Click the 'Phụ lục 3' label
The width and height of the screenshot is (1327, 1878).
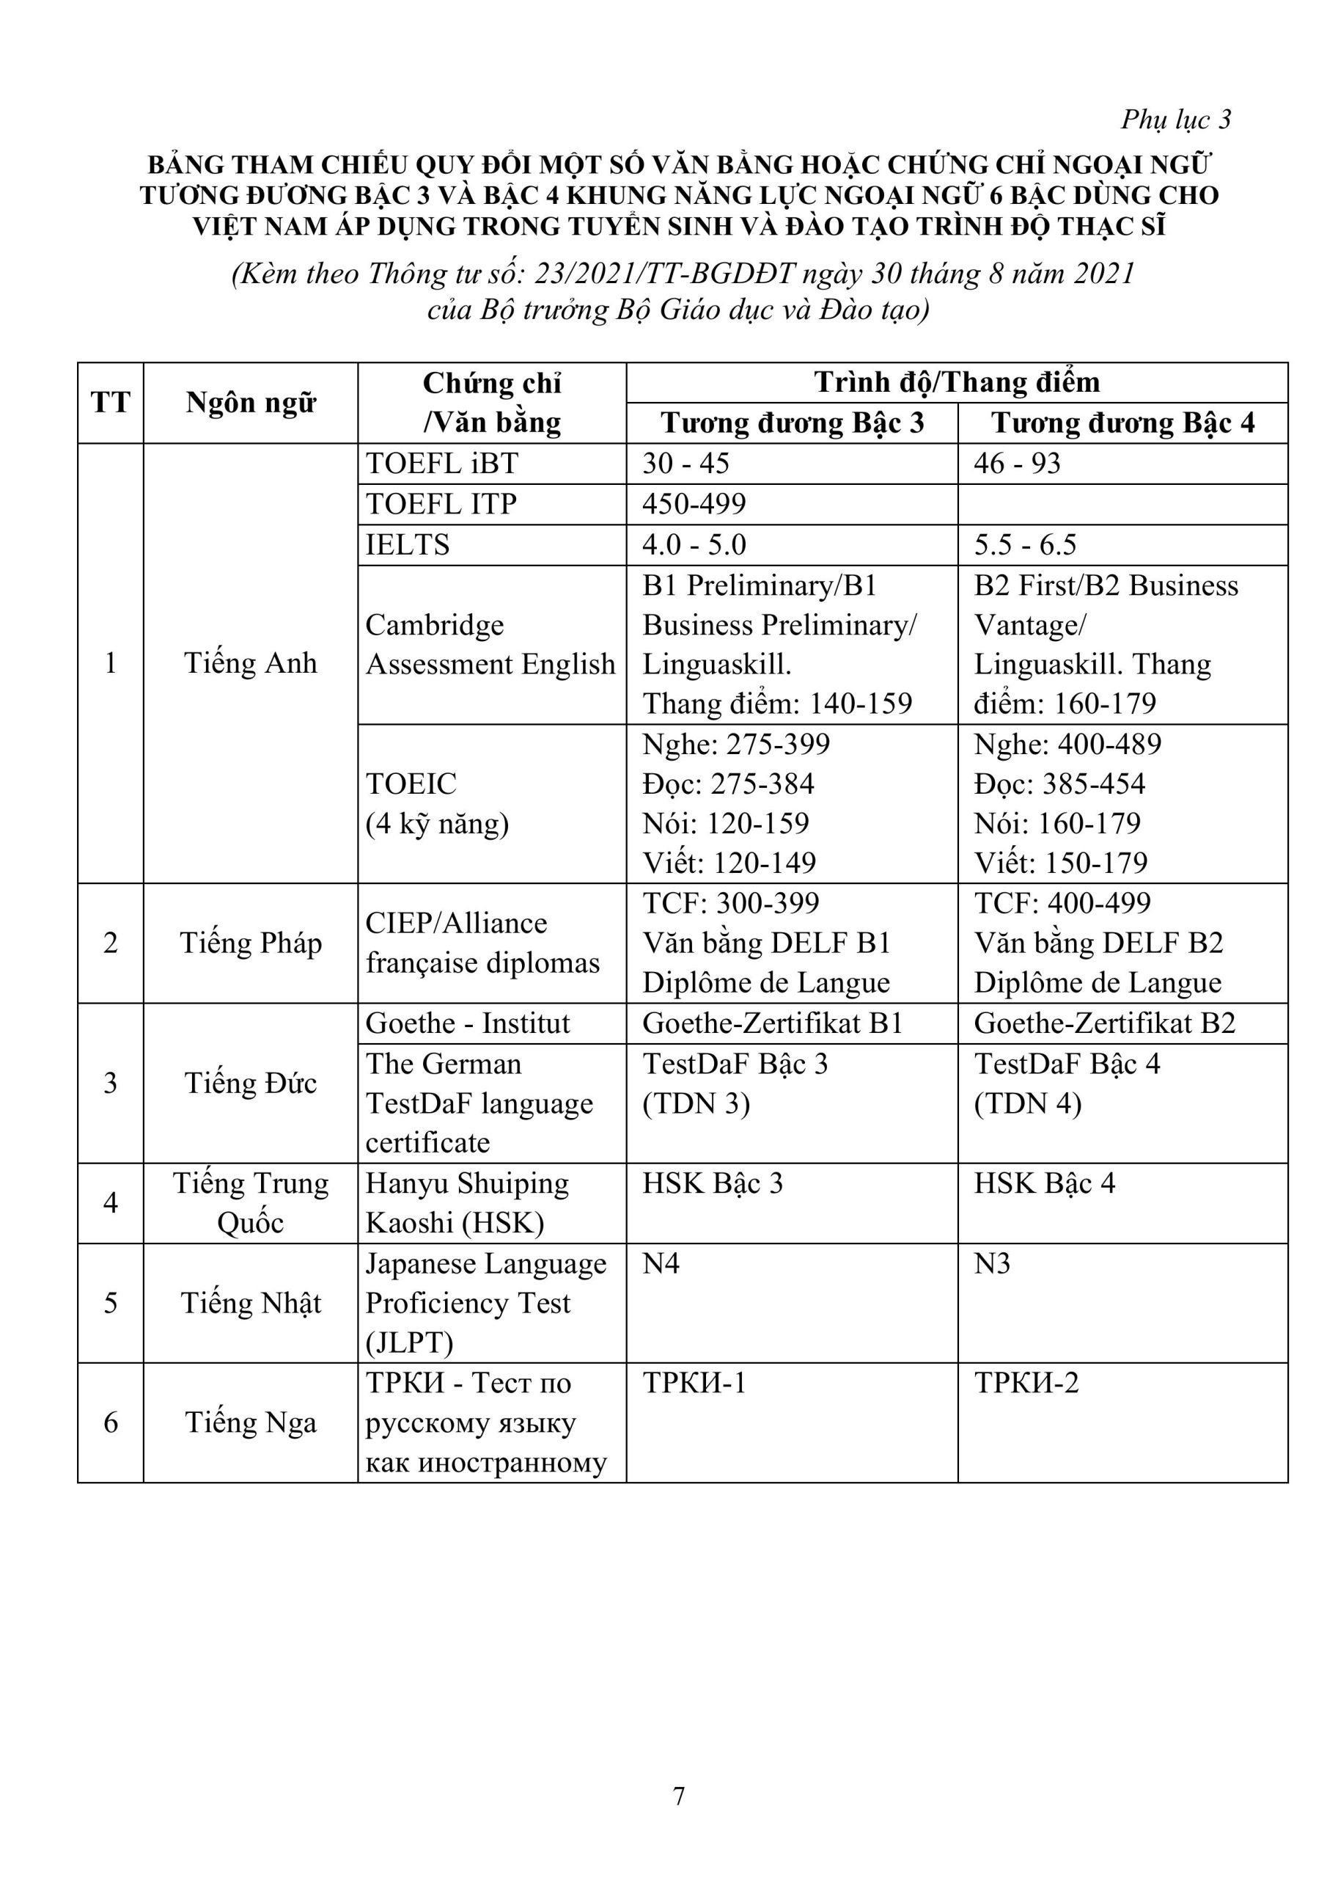click(1175, 120)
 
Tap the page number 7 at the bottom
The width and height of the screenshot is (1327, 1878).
click(678, 1795)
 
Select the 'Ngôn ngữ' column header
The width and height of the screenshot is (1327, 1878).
click(250, 403)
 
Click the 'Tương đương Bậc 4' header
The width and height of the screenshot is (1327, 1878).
click(1122, 423)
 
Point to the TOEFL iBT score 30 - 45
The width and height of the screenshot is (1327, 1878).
click(685, 464)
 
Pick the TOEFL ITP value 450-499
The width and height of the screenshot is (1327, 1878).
click(694, 504)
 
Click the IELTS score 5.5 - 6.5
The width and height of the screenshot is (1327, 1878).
click(1024, 545)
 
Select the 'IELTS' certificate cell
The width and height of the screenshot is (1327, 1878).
click(407, 545)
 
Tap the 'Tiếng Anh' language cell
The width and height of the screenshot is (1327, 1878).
click(250, 662)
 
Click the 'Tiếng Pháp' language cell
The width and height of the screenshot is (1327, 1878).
click(250, 943)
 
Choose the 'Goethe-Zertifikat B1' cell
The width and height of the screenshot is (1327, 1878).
click(772, 1023)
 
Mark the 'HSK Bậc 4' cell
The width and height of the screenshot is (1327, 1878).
click(1044, 1183)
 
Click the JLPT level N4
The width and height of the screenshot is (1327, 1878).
click(661, 1264)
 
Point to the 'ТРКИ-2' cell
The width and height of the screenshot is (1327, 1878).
click(1026, 1383)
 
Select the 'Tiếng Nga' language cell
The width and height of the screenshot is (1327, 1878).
click(250, 1422)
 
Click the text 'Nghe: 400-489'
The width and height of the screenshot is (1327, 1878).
click(1067, 745)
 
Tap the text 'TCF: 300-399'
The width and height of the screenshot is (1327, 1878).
click(730, 903)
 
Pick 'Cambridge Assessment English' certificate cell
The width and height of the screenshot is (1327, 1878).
click(490, 645)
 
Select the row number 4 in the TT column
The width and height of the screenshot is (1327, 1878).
click(111, 1202)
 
